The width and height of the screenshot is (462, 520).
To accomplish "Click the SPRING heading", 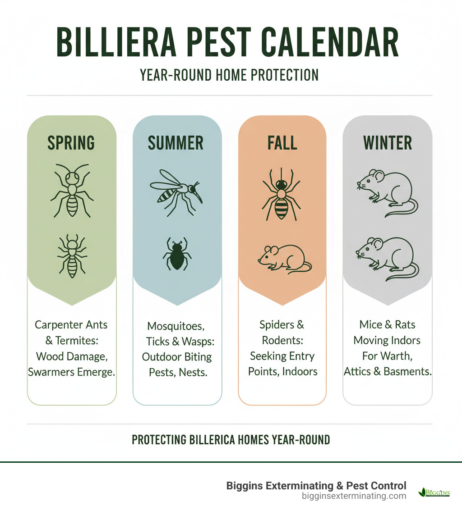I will [x=71, y=143].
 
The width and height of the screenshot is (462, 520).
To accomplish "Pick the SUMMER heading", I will [x=176, y=143].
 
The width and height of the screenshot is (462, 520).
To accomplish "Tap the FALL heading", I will [x=282, y=143].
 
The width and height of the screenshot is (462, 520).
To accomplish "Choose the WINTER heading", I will [x=388, y=143].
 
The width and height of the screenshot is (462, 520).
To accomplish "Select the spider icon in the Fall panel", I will [x=281, y=194].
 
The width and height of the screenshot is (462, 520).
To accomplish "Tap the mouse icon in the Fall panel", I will [x=284, y=259].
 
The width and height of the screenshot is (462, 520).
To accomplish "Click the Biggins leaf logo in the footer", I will [x=434, y=492].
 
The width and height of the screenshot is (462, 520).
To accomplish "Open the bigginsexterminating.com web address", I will [x=354, y=496].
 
